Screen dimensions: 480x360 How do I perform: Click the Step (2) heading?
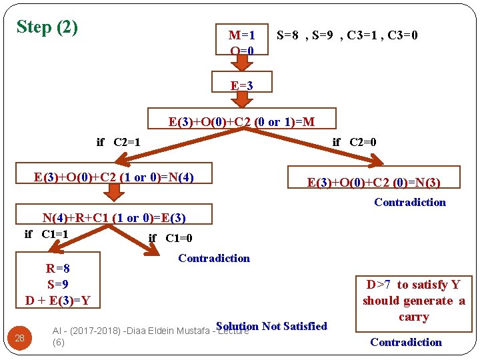tap(47, 27)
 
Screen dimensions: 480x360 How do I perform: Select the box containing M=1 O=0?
tap(242, 41)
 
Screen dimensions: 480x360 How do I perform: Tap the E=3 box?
tap(241, 85)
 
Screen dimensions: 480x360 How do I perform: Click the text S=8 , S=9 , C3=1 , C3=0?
tap(347, 35)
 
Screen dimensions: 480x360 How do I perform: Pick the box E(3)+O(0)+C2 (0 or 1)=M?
tap(241, 121)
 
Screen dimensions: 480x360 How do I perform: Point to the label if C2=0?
tap(354, 142)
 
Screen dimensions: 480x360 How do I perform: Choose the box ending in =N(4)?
tap(113, 177)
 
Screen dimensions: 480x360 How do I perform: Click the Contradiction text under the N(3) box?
tap(409, 202)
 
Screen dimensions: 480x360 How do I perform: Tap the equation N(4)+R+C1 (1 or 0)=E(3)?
tap(114, 217)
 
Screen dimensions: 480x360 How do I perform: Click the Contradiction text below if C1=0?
tap(214, 258)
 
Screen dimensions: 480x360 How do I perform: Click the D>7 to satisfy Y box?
tap(413, 301)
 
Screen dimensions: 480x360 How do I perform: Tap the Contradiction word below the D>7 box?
tap(405, 342)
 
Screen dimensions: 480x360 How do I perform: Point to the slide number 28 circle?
tap(20, 338)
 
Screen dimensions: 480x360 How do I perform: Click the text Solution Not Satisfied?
tap(271, 326)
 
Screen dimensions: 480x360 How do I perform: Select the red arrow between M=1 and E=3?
tap(242, 63)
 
